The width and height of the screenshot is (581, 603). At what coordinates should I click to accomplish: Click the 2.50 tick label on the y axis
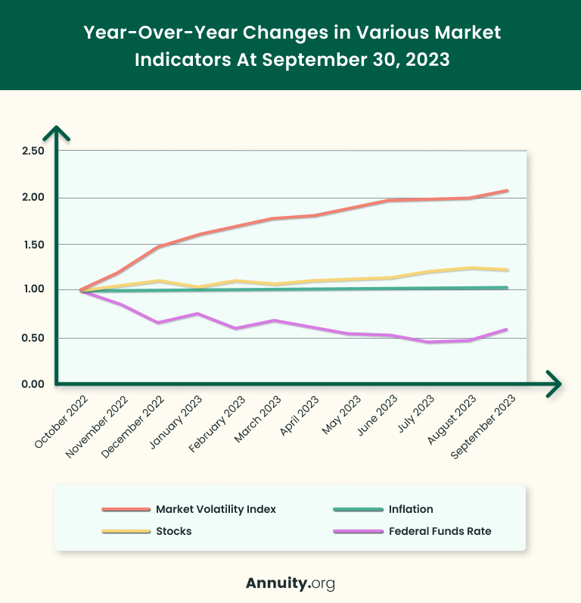(x=33, y=151)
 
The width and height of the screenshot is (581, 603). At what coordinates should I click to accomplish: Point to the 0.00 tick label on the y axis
(x=33, y=384)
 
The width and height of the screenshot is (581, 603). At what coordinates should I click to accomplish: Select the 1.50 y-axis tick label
(x=33, y=245)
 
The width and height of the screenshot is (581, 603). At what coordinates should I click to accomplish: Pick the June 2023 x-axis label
(x=377, y=417)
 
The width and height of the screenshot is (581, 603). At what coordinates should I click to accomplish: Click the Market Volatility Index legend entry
(x=216, y=509)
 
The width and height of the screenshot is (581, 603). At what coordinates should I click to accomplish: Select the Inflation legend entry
(x=411, y=509)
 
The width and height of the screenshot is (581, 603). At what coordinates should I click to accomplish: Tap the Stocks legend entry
(x=173, y=531)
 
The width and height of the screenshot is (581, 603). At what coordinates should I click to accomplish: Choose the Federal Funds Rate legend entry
(x=440, y=531)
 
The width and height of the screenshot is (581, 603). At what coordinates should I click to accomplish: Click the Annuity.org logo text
(x=290, y=583)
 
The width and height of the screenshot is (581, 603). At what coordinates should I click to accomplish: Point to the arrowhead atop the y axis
(x=57, y=133)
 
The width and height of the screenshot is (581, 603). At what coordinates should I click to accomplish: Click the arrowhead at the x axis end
(x=555, y=384)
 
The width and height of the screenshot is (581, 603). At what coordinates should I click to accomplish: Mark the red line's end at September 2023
(x=507, y=191)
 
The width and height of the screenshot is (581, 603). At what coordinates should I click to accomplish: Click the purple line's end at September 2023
(x=507, y=330)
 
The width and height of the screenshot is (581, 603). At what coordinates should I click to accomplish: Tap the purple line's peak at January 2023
(x=197, y=314)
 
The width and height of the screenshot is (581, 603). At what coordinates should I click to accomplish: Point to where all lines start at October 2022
(x=80, y=290)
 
